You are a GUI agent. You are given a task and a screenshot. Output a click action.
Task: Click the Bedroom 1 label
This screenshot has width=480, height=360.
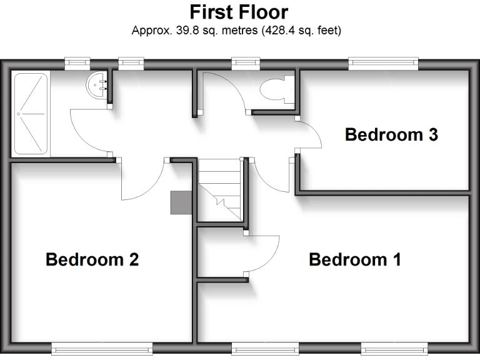point(354,259)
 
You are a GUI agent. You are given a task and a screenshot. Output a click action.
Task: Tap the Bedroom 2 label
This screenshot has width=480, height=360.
point(92,259)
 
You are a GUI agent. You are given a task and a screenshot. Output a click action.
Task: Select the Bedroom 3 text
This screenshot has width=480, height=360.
point(391,134)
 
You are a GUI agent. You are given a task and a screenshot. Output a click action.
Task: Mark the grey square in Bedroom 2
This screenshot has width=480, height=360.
point(180,202)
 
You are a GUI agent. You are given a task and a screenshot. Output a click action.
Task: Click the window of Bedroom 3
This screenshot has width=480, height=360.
point(383,62)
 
